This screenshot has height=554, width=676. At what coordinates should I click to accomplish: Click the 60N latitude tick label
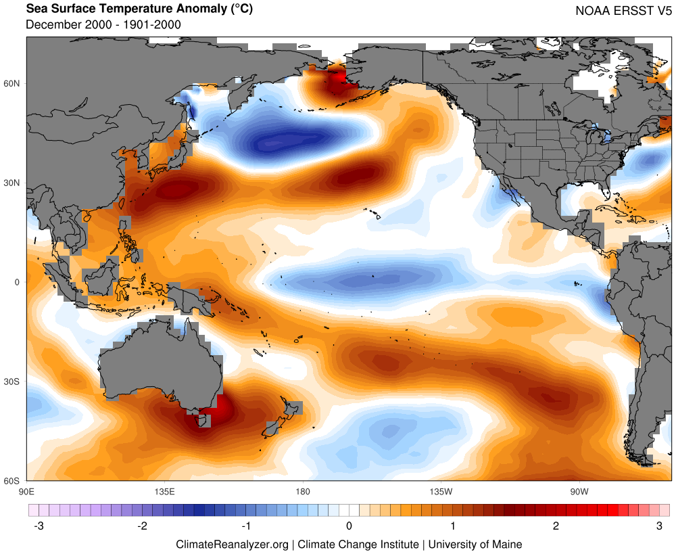click(13, 83)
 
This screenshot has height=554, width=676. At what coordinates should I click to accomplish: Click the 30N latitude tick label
click(13, 183)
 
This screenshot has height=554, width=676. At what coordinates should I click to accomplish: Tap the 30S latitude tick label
click(13, 382)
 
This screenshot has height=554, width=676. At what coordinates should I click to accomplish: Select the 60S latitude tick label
click(13, 481)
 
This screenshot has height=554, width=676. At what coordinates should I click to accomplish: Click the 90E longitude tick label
click(27, 490)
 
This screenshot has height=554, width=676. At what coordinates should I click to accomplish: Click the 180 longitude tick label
click(303, 490)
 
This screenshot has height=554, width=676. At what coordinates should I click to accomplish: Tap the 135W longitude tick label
click(440, 490)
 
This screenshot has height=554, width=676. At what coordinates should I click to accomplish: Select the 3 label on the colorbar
click(659, 526)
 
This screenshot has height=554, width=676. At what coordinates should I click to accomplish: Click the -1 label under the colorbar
click(246, 526)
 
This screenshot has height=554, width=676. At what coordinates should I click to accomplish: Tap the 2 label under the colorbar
click(556, 526)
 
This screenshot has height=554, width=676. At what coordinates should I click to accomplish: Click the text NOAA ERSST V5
click(623, 11)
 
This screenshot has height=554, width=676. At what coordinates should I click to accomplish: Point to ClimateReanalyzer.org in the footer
click(232, 544)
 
